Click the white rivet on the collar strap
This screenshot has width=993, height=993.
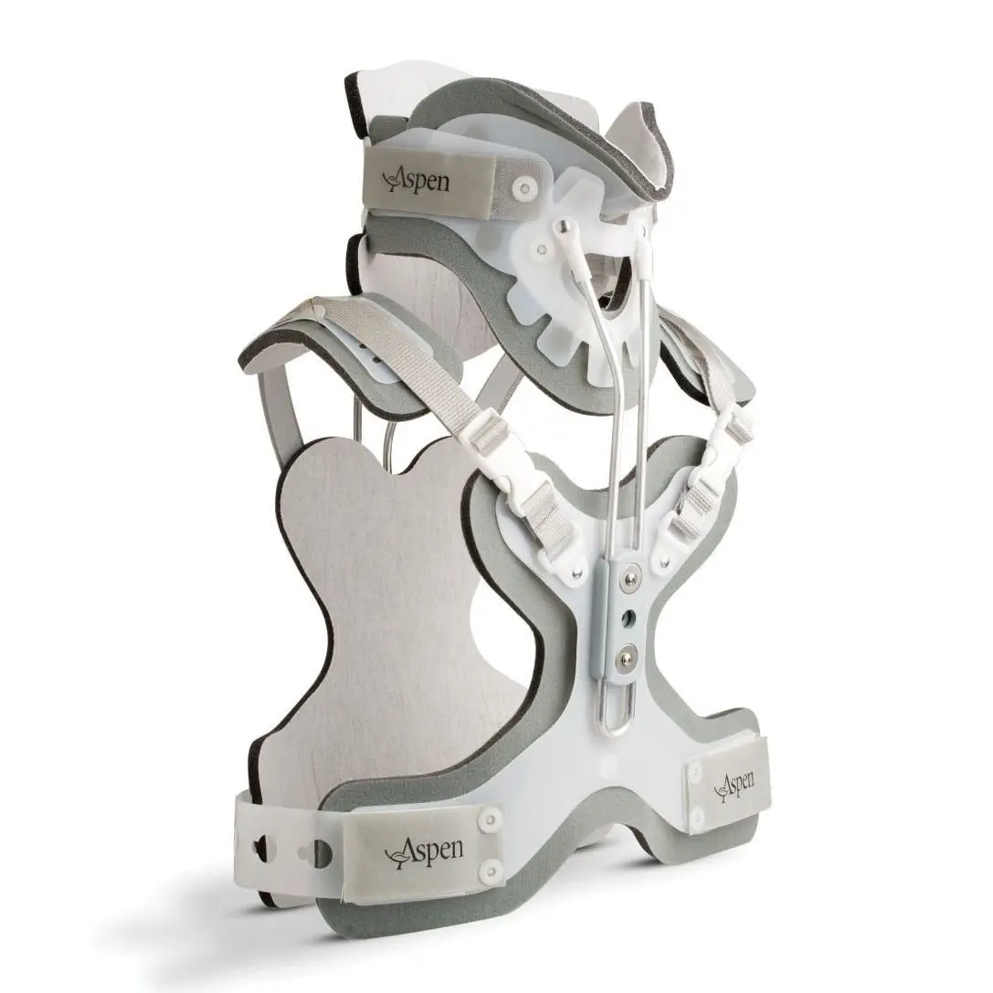point(522,187)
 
